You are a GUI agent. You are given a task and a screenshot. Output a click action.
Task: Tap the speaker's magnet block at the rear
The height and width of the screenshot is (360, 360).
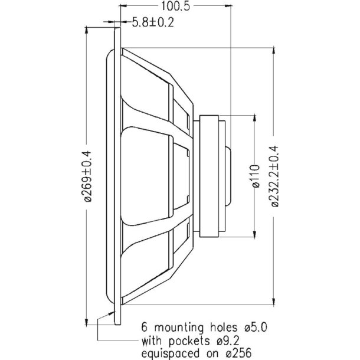(x=211, y=175)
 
